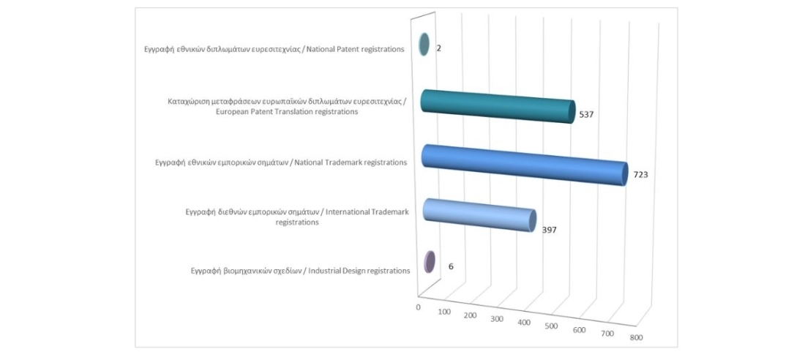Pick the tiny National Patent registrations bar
pos(423,45)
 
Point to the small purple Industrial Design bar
pos(430,262)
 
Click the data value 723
pos(642,175)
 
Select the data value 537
pos(585,115)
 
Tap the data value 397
pos(549,229)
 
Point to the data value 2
pos(439,48)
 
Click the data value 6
pos(451,266)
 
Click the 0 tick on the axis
pos(418,307)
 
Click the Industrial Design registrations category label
pos(296,271)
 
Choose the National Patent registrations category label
pos(274,50)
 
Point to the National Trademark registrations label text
pos(281,162)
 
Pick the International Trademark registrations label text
pos(296,217)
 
